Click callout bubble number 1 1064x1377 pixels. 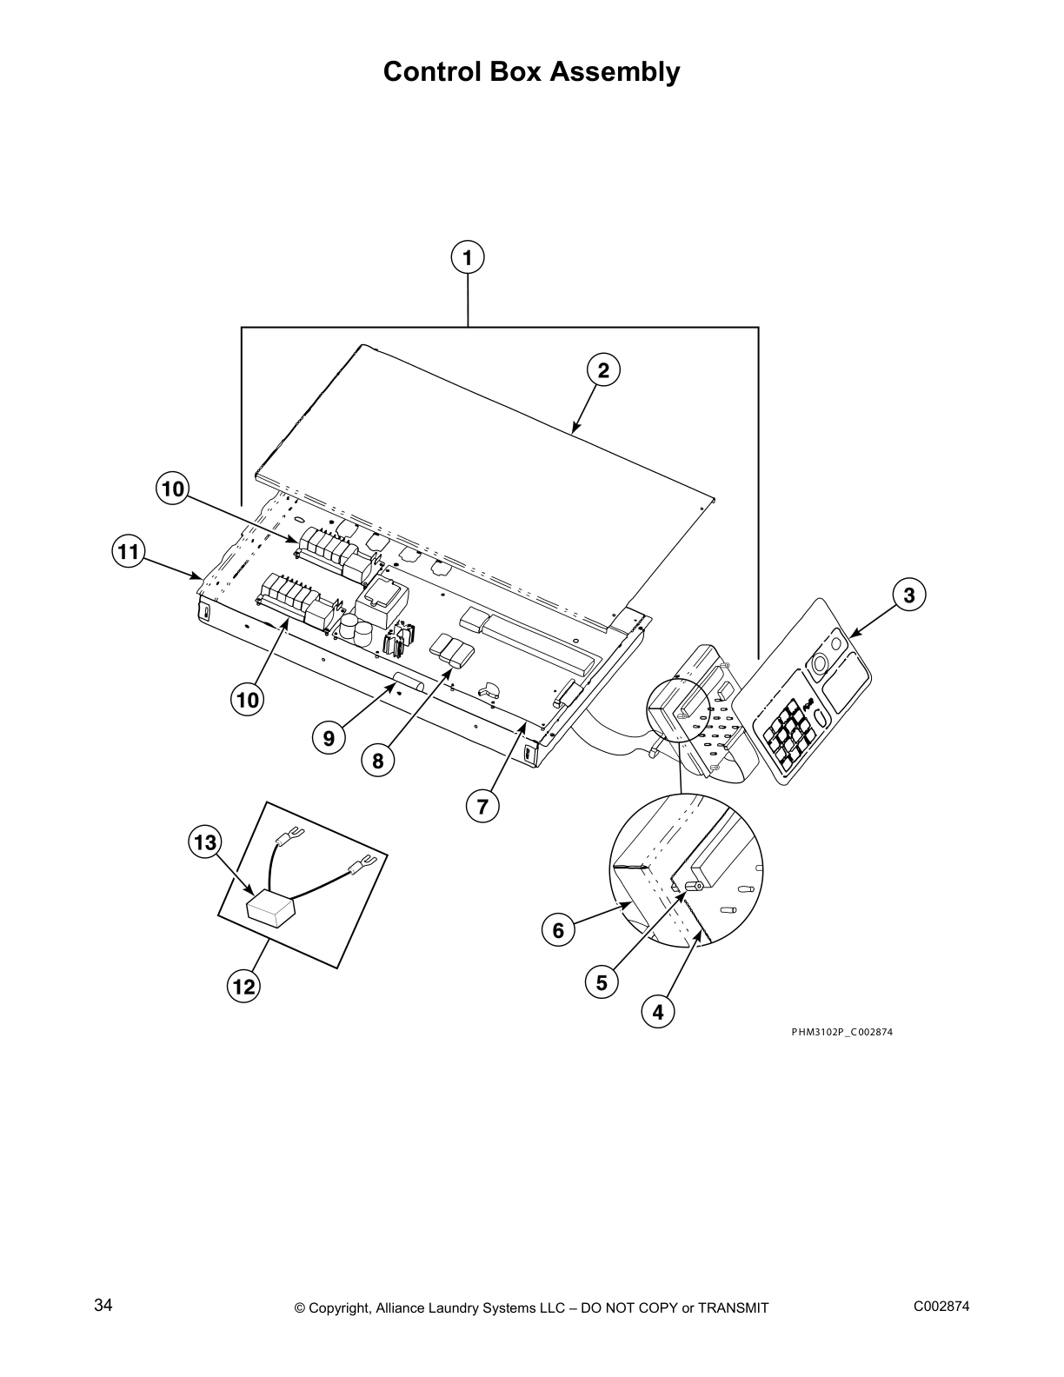(468, 258)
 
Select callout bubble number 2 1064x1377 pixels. (603, 370)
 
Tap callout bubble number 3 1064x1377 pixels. (909, 595)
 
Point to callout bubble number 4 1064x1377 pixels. (658, 1012)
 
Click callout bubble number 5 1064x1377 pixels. (602, 983)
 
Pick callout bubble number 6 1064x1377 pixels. (558, 931)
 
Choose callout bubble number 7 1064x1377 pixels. (482, 806)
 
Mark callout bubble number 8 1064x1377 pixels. (378, 762)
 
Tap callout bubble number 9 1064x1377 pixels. (329, 739)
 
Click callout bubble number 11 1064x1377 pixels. (129, 551)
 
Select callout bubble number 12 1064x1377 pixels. (244, 987)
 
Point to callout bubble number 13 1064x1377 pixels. (205, 842)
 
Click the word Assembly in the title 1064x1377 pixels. (616, 71)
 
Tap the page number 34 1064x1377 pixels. (103, 1306)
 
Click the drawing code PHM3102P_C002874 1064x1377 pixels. (841, 1032)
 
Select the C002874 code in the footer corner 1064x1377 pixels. (941, 1307)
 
